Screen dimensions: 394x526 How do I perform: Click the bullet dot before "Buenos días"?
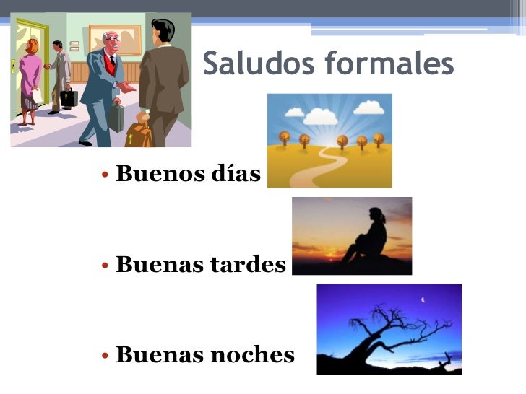point(105,175)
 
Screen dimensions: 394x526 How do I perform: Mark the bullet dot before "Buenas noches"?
point(105,356)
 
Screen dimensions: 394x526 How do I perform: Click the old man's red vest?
point(110,66)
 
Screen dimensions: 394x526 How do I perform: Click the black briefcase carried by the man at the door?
point(69,97)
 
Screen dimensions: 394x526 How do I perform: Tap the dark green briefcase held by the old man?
point(116,116)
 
